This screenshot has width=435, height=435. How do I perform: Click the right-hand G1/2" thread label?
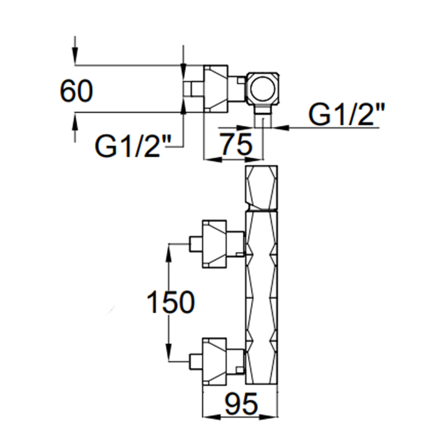pyautogui.click(x=347, y=116)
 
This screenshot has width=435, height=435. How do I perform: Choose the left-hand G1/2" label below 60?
pyautogui.click(x=132, y=147)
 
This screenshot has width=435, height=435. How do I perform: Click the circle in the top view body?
pyautogui.click(x=263, y=88)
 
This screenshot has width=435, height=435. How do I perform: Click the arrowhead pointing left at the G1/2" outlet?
pyautogui.click(x=277, y=128)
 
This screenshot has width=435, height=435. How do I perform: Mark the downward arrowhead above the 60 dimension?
pyautogui.click(x=75, y=59)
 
